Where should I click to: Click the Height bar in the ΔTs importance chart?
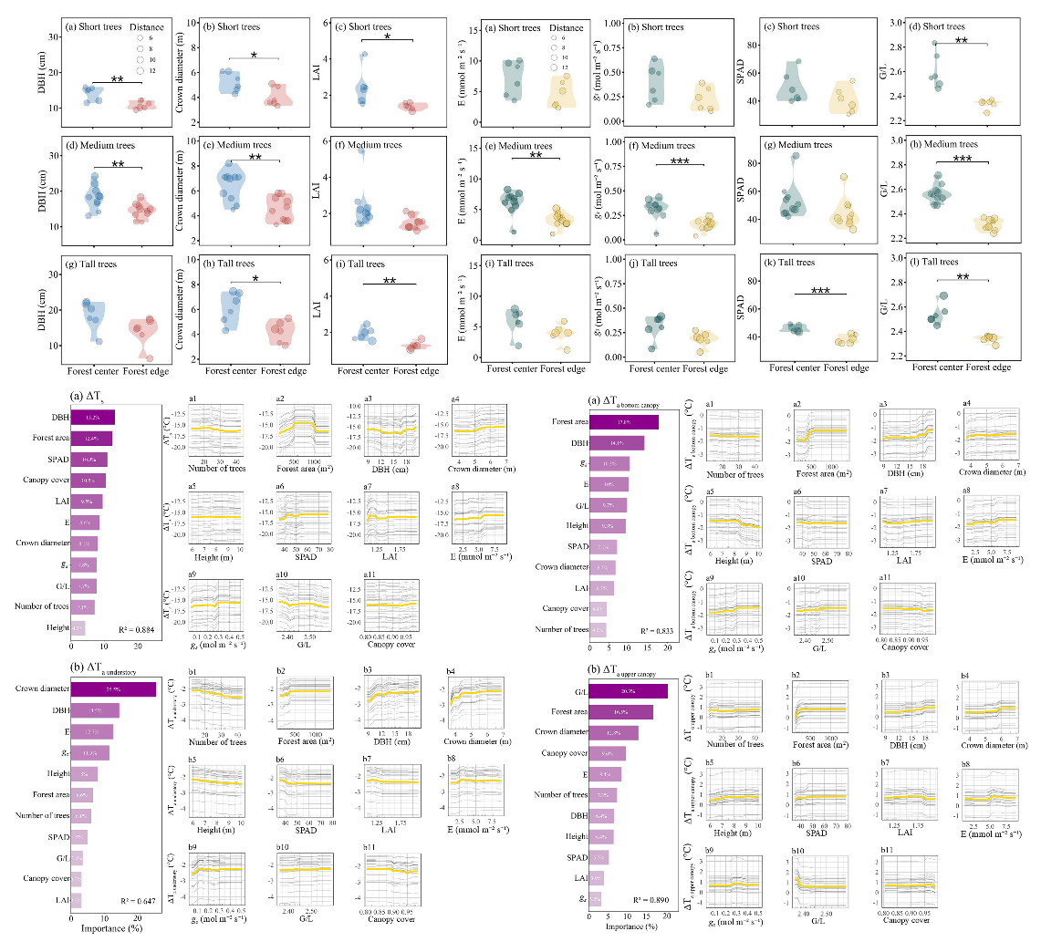(78, 627)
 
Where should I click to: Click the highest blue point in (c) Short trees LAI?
(363, 55)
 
